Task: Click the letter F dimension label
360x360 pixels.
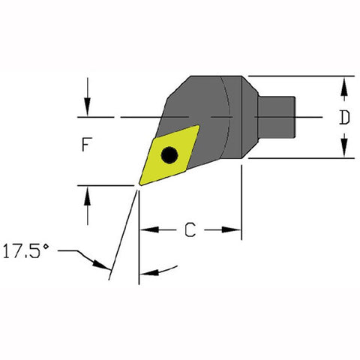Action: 87,146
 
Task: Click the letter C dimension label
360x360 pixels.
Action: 190,231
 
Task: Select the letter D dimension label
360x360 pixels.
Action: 343,117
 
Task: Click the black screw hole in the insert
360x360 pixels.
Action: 170,155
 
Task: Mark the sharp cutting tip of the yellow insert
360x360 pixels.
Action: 139,183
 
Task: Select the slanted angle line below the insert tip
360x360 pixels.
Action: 124,232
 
